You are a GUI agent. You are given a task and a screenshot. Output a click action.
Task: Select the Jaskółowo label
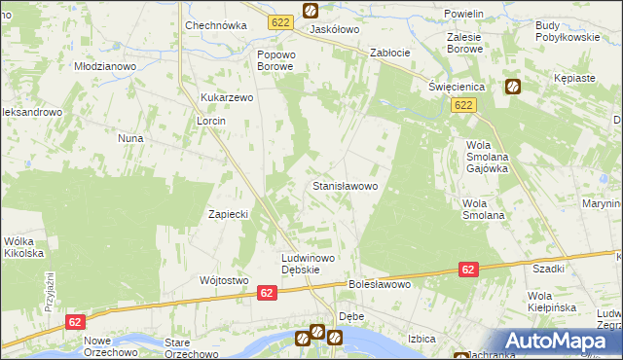tap(335, 29)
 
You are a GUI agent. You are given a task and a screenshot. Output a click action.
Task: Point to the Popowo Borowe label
tap(275, 61)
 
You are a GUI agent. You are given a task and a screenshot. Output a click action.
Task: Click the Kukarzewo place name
tap(227, 98)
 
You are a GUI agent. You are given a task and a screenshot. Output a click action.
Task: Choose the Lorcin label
tap(211, 120)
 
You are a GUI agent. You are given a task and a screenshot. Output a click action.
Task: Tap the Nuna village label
tap(131, 138)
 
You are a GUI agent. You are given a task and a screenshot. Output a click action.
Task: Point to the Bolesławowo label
tap(380, 285)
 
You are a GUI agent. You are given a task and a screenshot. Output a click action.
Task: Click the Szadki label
tap(549, 268)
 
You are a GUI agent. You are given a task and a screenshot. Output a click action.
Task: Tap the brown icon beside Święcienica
tap(512, 87)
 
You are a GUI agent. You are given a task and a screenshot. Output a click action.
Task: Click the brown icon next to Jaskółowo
tap(310, 11)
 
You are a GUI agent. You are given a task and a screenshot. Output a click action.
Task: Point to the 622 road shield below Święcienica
tap(463, 105)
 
